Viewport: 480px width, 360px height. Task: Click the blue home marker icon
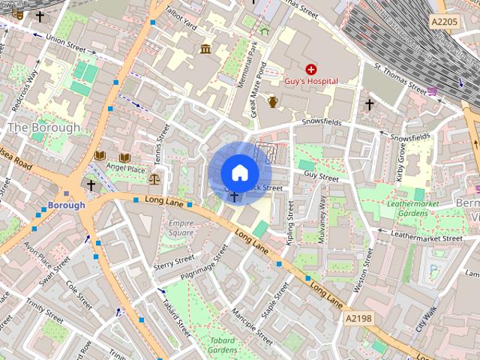tap(238, 172)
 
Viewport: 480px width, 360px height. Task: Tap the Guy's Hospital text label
tap(311, 81)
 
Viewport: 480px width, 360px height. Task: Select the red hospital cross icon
tap(310, 68)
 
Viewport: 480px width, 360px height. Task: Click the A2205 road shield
tap(445, 22)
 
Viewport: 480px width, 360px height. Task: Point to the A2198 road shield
tap(358, 319)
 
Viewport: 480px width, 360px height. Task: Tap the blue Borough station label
tap(66, 205)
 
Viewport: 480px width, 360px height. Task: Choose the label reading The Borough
tap(43, 127)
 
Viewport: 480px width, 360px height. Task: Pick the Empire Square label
tap(181, 228)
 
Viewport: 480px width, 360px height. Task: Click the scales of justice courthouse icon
tap(154, 178)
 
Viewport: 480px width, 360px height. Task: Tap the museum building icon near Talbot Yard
tap(205, 49)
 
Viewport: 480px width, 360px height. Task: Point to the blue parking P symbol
tap(433, 271)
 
